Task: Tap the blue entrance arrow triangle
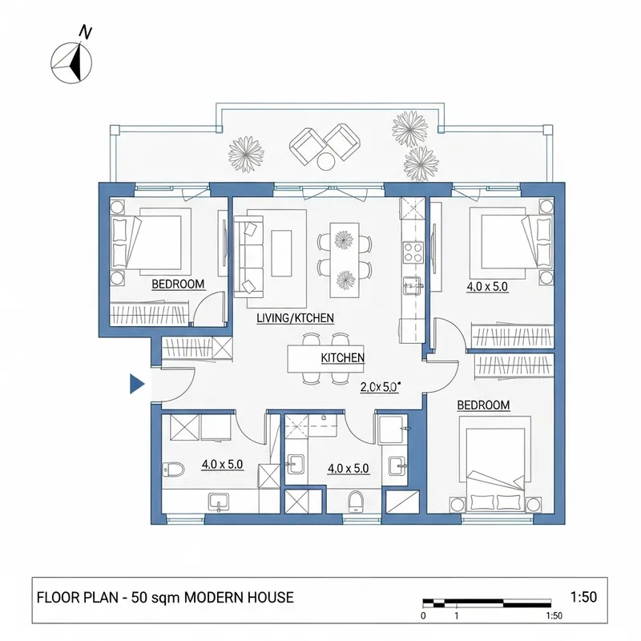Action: click(x=136, y=385)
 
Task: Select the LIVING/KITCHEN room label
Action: click(x=295, y=318)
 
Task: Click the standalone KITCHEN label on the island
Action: click(x=343, y=357)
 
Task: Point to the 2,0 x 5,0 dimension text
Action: click(x=380, y=386)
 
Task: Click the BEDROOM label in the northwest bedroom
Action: click(x=178, y=284)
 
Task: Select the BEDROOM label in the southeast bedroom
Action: click(x=483, y=405)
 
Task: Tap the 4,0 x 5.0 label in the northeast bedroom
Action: click(x=487, y=286)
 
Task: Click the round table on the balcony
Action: click(x=326, y=161)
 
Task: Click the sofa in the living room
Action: click(x=249, y=252)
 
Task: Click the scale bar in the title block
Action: click(x=486, y=601)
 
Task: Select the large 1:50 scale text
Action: click(x=585, y=597)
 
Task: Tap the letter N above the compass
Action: click(x=85, y=31)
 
